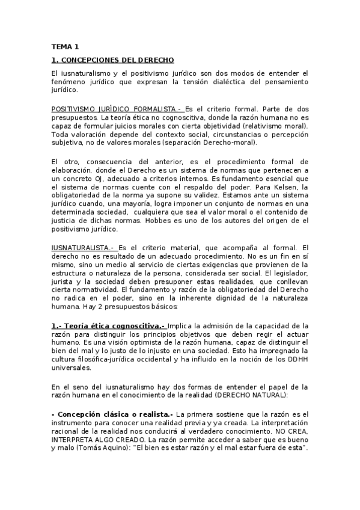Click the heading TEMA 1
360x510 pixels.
[x=65, y=46]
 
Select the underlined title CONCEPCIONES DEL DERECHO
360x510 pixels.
[x=113, y=60]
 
